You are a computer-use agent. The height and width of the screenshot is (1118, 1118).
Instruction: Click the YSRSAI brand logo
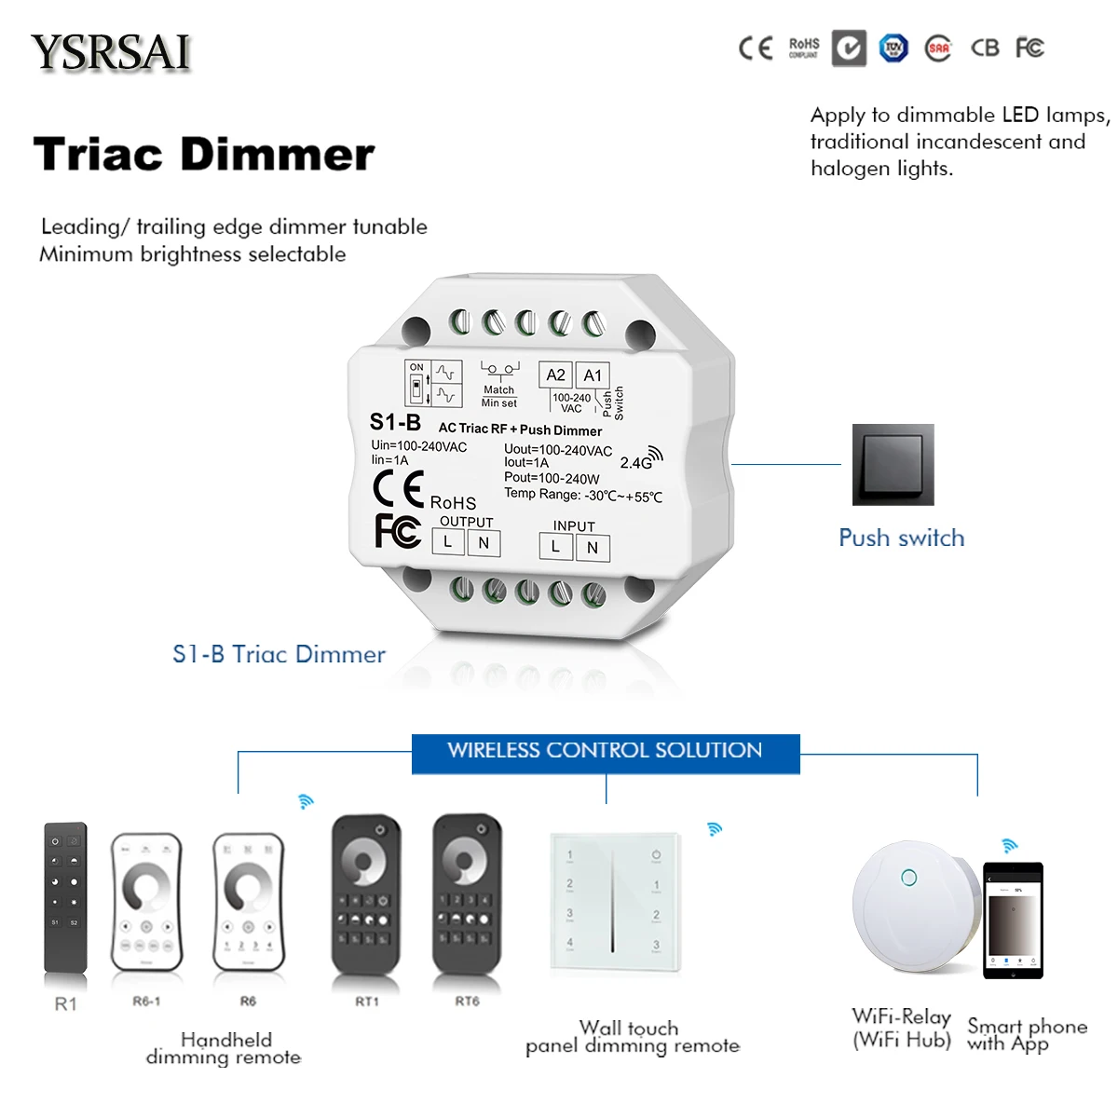tap(111, 52)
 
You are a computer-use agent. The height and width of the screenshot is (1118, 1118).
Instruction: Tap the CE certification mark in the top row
tap(756, 48)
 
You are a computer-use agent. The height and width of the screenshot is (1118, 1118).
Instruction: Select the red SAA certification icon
tap(938, 48)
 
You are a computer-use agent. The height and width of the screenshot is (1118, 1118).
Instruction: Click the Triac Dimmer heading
tap(204, 155)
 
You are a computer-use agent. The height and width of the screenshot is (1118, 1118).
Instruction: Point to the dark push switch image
tap(893, 464)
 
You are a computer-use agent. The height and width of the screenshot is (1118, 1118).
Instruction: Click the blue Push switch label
tap(901, 539)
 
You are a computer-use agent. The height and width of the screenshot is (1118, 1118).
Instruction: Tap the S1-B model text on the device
tap(395, 422)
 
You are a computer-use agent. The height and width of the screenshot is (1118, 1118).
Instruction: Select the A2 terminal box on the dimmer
tap(555, 375)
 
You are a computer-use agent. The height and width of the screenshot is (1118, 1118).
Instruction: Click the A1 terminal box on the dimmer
tap(593, 375)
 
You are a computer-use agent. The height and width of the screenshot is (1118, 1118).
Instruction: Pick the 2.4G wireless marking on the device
tap(640, 459)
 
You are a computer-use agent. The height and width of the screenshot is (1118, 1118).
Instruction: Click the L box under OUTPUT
tap(448, 542)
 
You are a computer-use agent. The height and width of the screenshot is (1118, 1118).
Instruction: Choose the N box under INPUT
tap(593, 548)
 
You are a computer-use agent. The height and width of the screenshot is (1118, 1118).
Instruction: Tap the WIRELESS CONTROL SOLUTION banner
tap(605, 751)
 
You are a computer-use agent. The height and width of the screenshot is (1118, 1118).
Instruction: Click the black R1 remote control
tap(65, 897)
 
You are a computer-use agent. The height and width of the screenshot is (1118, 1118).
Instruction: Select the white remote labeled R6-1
tap(146, 902)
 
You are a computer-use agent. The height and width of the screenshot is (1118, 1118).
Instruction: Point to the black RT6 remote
tap(467, 893)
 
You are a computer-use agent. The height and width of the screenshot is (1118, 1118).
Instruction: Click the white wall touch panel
tap(613, 901)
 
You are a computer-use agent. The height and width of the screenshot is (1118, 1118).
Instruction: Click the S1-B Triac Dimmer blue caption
tap(279, 654)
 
